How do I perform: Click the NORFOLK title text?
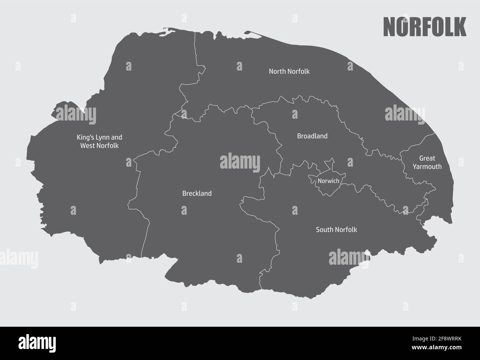point(425,27)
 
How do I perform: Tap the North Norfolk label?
point(289,71)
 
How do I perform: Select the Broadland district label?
point(312,136)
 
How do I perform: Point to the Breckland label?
point(197,193)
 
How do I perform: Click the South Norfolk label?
point(336,230)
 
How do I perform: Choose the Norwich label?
point(328,181)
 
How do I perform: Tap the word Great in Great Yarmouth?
point(427,159)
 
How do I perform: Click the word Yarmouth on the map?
point(427,167)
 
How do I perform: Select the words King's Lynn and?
point(99,137)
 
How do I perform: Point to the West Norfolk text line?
point(99,146)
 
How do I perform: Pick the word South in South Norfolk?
point(324,230)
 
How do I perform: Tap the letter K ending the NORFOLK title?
point(460,27)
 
